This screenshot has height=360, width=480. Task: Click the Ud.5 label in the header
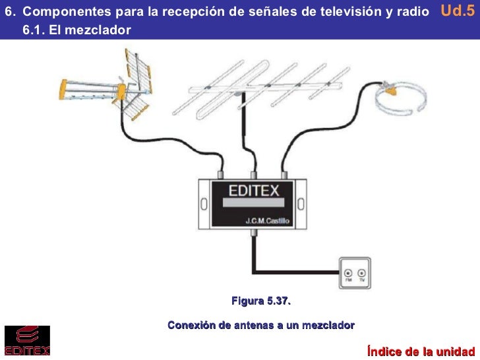(x=458, y=11)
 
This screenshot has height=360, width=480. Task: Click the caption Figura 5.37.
(x=260, y=301)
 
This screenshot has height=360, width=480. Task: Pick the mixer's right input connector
(x=284, y=175)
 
